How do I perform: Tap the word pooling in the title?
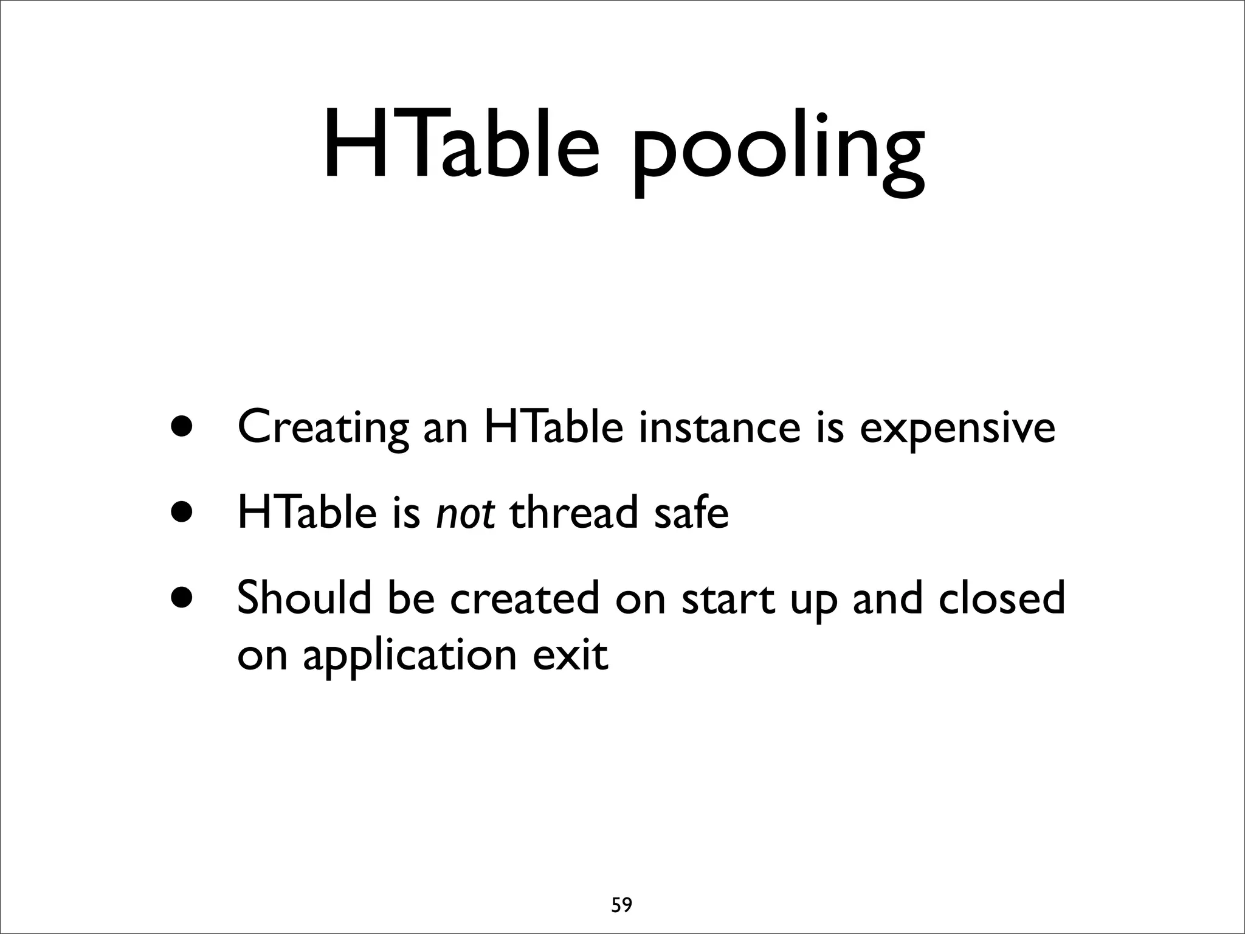pyautogui.click(x=779, y=152)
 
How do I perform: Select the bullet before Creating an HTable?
pyautogui.click(x=182, y=427)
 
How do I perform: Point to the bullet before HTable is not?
pyautogui.click(x=182, y=512)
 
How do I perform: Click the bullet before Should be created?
pyautogui.click(x=182, y=597)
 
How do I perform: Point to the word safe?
pyautogui.click(x=691, y=512)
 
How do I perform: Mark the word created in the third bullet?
pyautogui.click(x=525, y=597)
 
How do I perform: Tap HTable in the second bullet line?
pyautogui.click(x=307, y=512)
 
